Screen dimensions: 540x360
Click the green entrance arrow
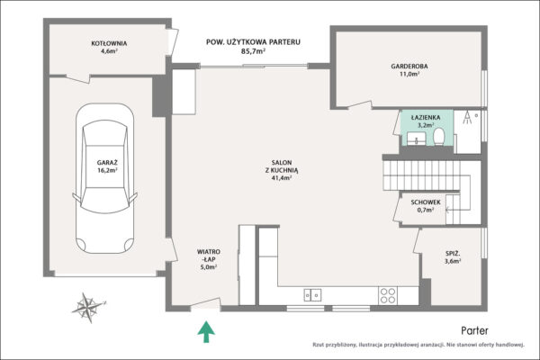[206, 331]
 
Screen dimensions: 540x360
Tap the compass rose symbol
[88, 307]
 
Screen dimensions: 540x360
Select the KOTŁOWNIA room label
[109, 43]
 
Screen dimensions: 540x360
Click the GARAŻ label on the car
[107, 163]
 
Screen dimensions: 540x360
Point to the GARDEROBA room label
[409, 66]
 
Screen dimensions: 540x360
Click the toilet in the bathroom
[439, 137]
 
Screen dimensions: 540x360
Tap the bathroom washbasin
[417, 138]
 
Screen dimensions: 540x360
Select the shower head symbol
[467, 118]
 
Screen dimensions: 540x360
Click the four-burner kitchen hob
[388, 295]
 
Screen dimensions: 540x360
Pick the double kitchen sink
[312, 295]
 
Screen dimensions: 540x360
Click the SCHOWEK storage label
[426, 202]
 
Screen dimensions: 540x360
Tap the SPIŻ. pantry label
[453, 254]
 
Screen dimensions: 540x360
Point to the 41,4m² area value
[282, 178]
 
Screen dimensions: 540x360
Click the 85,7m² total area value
[253, 51]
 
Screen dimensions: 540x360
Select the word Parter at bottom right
[474, 330]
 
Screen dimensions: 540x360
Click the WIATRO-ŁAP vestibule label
[209, 256]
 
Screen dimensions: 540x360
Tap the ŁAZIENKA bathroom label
[426, 118]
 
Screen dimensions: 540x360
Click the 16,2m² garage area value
[107, 170]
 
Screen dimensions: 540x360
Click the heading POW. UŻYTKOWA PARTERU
[253, 42]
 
